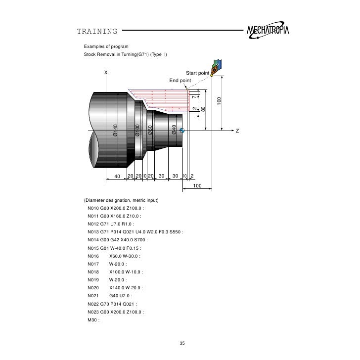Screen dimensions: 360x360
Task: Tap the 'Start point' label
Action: click(198, 73)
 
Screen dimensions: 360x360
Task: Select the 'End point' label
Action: click(180, 80)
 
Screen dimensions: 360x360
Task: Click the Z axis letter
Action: click(237, 131)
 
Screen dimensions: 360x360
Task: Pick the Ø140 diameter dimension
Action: click(115, 130)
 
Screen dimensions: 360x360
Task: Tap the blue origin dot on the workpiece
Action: click(182, 131)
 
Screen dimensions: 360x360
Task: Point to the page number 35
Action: click(182, 343)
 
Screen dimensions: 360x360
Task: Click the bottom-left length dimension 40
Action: click(117, 177)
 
